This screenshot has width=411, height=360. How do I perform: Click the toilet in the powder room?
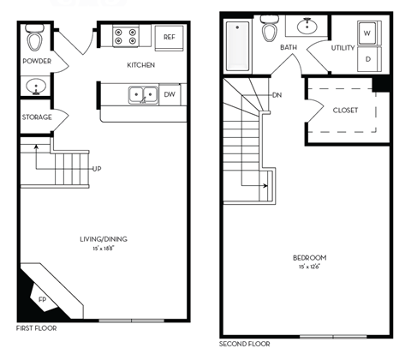pos(36,39)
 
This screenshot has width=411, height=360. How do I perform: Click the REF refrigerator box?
pos(170,37)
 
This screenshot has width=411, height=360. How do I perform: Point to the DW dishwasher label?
pos(170,94)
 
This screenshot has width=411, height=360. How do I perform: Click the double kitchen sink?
pos(141,94)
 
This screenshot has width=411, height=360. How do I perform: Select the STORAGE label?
pos(37,117)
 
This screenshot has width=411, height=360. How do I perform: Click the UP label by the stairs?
pos(97,169)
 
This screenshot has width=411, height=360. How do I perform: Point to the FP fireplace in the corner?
pos(42,299)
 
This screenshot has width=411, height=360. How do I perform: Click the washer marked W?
pos(366,34)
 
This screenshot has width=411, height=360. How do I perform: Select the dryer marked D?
pos(366,59)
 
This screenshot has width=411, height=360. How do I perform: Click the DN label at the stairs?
pos(277,95)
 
